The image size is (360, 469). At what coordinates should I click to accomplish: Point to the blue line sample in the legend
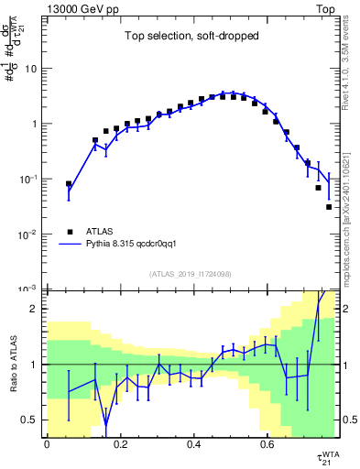pos(70,245)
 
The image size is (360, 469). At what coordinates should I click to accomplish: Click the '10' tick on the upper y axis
pos(31,69)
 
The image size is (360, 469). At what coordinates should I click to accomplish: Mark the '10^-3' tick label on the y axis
pos(28,289)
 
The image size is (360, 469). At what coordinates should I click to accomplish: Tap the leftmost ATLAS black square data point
pos(69,184)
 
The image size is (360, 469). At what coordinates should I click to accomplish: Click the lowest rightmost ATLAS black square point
pos(329,207)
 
